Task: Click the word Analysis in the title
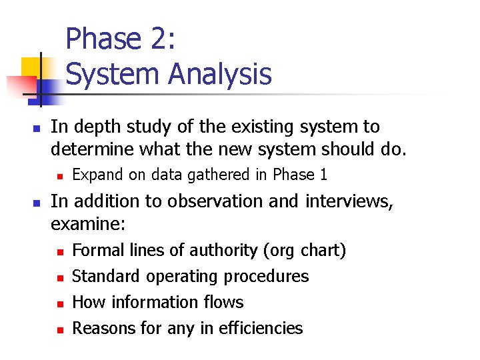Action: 219,74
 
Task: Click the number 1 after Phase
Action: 323,175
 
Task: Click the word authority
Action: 225,251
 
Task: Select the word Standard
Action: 106,276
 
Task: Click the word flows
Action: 223,302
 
